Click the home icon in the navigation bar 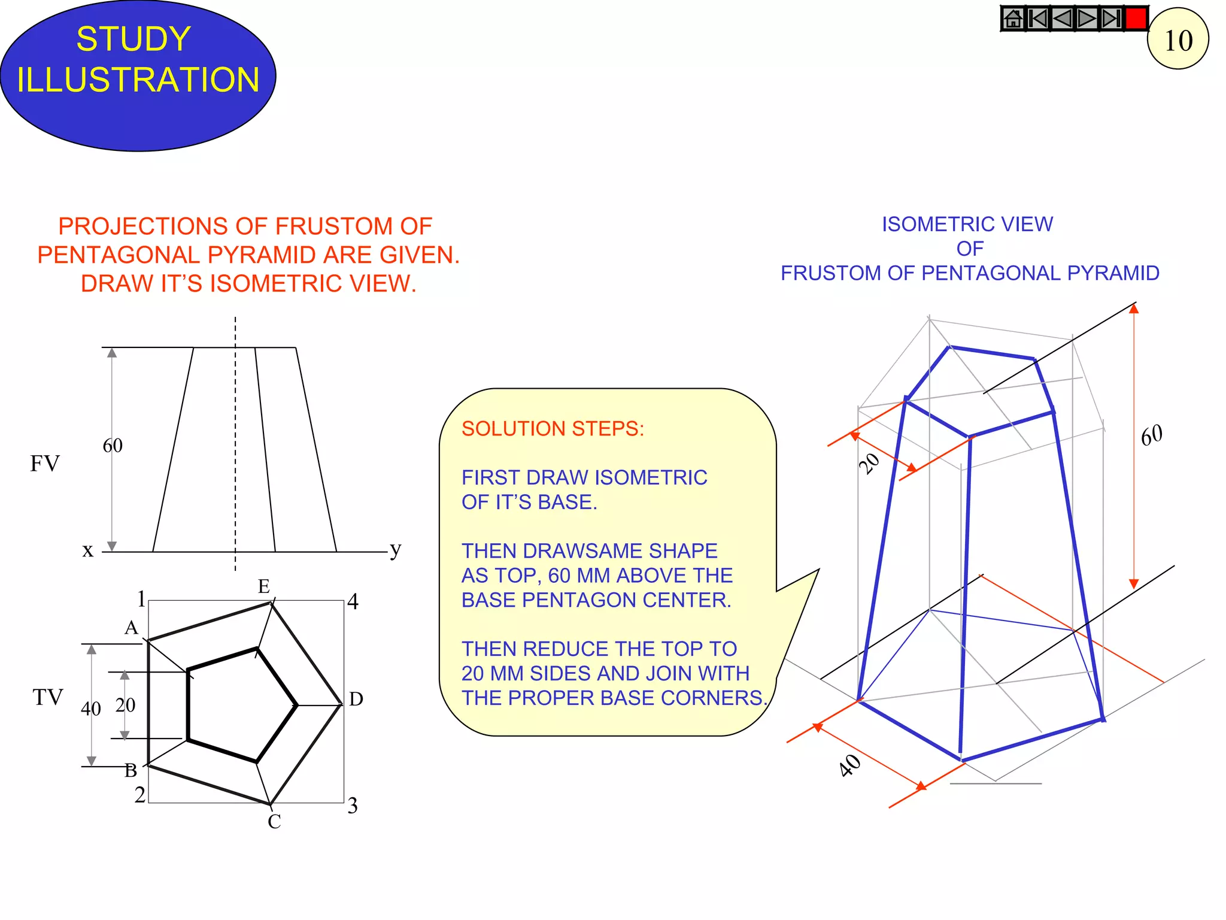(1013, 19)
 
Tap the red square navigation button (1136, 19)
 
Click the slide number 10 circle (1178, 40)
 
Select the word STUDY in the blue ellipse (133, 40)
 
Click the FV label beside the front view (45, 464)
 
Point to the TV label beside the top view (48, 697)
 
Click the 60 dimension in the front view (113, 446)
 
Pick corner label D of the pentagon (356, 699)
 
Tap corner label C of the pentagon (274, 822)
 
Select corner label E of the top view (264, 586)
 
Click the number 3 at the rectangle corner (353, 806)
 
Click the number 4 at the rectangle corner (353, 601)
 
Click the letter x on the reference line (88, 550)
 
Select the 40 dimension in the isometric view (850, 765)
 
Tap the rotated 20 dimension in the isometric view (869, 463)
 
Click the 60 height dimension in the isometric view (1151, 435)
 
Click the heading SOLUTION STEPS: (553, 429)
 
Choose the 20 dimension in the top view (125, 705)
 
